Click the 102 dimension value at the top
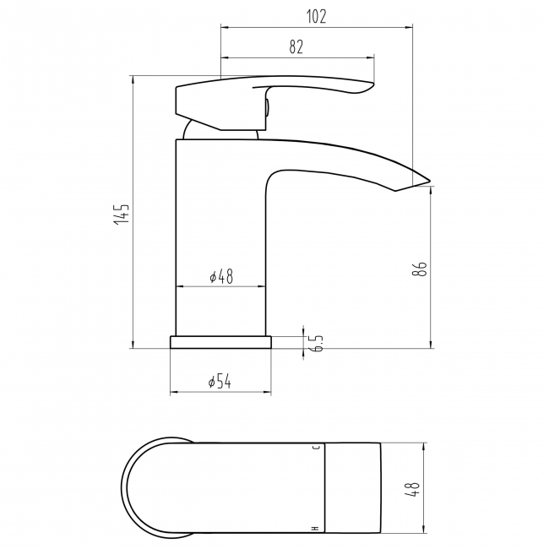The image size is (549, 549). click(x=316, y=15)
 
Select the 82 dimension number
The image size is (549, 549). click(x=296, y=46)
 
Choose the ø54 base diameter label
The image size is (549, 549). click(x=220, y=382)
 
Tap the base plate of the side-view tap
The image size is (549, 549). click(x=220, y=341)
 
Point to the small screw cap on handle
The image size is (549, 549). click(x=267, y=106)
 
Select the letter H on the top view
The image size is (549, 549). click(x=317, y=528)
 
